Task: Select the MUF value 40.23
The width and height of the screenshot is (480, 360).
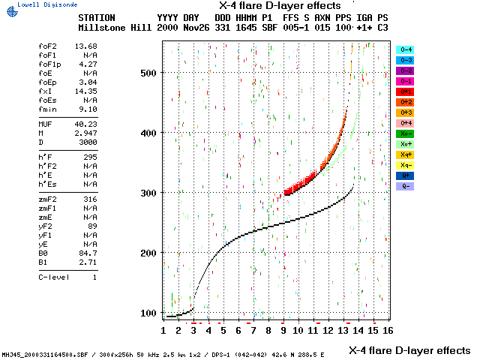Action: (86, 124)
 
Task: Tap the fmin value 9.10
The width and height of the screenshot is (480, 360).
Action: (88, 109)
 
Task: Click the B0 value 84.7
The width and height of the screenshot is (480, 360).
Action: (88, 253)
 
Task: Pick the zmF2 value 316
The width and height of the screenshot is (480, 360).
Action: (91, 199)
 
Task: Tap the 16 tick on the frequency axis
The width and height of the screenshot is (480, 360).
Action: (388, 329)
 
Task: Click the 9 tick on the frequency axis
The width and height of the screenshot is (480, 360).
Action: (283, 329)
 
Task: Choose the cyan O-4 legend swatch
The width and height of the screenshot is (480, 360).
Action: (405, 49)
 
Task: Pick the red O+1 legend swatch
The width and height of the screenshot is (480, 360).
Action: (405, 91)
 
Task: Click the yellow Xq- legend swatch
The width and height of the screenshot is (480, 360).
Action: (405, 165)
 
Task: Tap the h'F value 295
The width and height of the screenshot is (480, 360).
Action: (91, 157)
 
